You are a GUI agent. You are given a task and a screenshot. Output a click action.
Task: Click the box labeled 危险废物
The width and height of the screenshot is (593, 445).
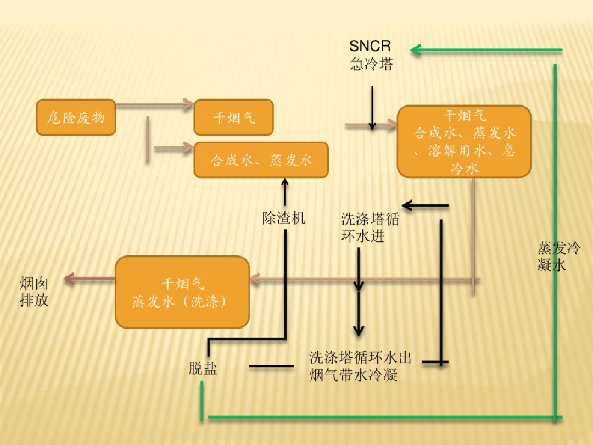click(76, 117)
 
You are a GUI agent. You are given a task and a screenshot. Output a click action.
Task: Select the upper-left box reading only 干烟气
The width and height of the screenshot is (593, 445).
click(233, 117)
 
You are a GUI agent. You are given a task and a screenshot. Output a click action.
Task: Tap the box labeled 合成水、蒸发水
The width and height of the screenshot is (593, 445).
click(261, 160)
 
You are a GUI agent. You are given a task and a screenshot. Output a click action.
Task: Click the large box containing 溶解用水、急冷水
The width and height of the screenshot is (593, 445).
click(464, 142)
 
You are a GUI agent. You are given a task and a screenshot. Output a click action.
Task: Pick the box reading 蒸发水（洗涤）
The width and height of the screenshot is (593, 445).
click(182, 292)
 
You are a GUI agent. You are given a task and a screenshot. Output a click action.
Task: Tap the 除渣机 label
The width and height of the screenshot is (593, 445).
click(284, 218)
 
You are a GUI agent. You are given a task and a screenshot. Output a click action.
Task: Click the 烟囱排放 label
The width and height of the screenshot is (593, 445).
click(34, 292)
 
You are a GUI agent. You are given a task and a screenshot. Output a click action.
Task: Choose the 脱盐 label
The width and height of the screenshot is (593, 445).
click(203, 369)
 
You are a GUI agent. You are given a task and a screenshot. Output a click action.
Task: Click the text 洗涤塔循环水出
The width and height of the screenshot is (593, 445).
click(360, 358)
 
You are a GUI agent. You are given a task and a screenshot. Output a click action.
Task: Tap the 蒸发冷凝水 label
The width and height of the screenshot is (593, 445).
click(558, 256)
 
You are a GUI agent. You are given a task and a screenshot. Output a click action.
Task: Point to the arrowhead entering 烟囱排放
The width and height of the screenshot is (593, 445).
click(69, 279)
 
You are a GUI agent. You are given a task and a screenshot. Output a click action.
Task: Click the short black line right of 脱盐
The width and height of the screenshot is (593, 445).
click(271, 366)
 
